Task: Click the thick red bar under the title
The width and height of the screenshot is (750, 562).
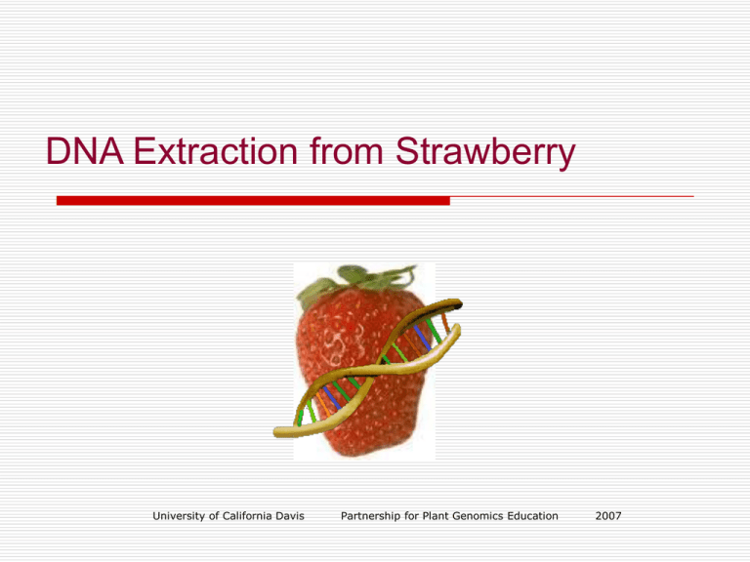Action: [x=253, y=200]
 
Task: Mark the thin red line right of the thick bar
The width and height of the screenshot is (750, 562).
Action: [x=571, y=197]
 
